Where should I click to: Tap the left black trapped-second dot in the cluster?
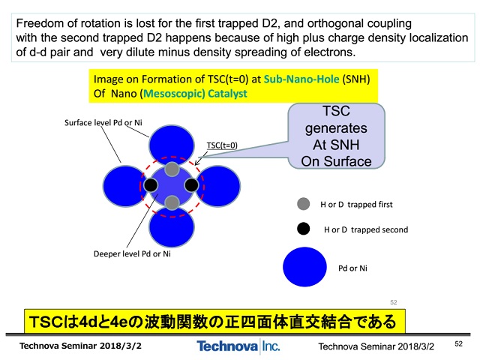(x=151, y=185)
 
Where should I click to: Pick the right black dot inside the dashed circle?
(x=192, y=185)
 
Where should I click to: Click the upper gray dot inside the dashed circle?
(x=172, y=169)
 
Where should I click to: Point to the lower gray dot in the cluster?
(x=172, y=202)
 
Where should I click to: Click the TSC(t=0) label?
(x=222, y=145)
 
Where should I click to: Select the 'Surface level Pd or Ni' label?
(x=103, y=123)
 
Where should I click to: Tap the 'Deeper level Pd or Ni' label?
(x=132, y=253)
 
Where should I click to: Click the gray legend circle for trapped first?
(x=303, y=204)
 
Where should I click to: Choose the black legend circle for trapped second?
(x=303, y=229)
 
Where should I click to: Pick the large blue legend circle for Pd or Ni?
(x=304, y=267)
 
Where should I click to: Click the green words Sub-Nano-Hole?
(x=301, y=79)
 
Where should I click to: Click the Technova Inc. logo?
(x=238, y=346)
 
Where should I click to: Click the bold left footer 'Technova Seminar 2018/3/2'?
(x=80, y=346)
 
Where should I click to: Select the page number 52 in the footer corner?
(x=458, y=343)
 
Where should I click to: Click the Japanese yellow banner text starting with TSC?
(x=213, y=322)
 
